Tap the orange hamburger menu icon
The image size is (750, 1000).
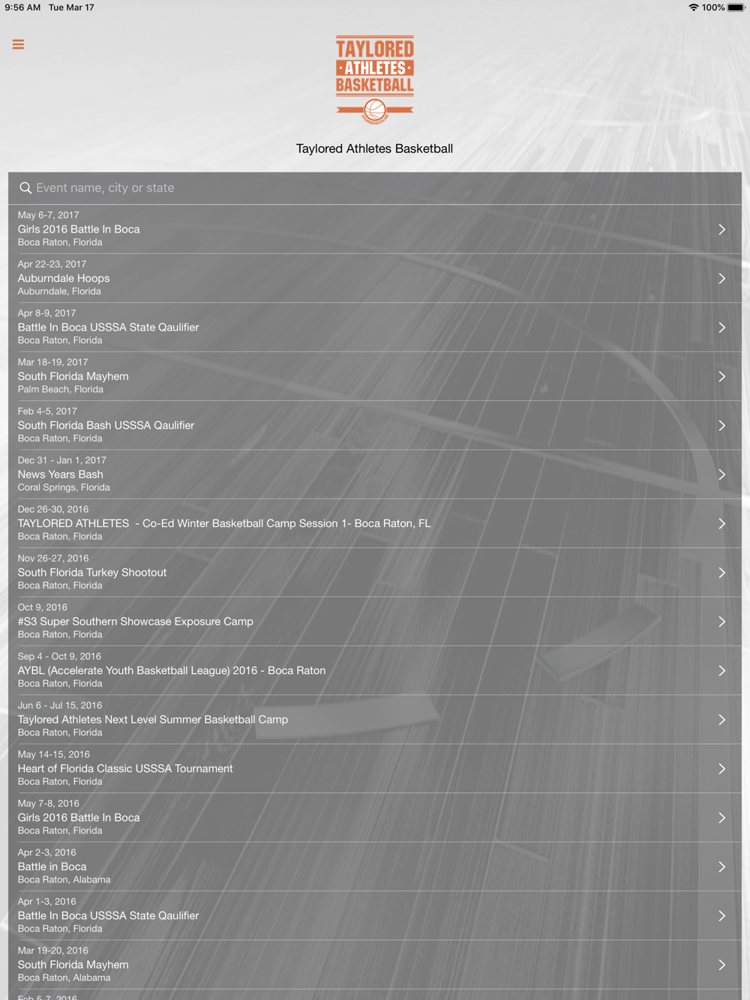18,45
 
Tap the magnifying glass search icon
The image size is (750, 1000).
25,188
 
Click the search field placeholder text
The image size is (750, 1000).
105,188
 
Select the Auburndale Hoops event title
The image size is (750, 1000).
64,278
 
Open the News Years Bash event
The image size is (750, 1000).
61,475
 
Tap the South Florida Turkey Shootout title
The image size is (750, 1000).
92,573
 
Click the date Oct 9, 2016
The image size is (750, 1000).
43,607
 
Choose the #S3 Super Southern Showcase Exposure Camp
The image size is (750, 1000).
136,621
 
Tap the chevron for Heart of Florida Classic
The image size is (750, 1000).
721,768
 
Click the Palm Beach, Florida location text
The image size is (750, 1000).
61,389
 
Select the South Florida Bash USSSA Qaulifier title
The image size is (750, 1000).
106,425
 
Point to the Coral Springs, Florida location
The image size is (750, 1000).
64,487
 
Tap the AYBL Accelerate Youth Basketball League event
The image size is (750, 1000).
172,670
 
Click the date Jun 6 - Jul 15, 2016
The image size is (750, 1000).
60,705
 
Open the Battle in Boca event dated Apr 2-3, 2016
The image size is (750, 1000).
52,867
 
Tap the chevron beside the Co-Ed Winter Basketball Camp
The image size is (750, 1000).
721,523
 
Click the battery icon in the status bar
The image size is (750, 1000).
736,7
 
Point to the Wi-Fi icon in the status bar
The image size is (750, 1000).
693,7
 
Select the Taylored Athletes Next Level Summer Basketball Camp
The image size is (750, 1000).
153,720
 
